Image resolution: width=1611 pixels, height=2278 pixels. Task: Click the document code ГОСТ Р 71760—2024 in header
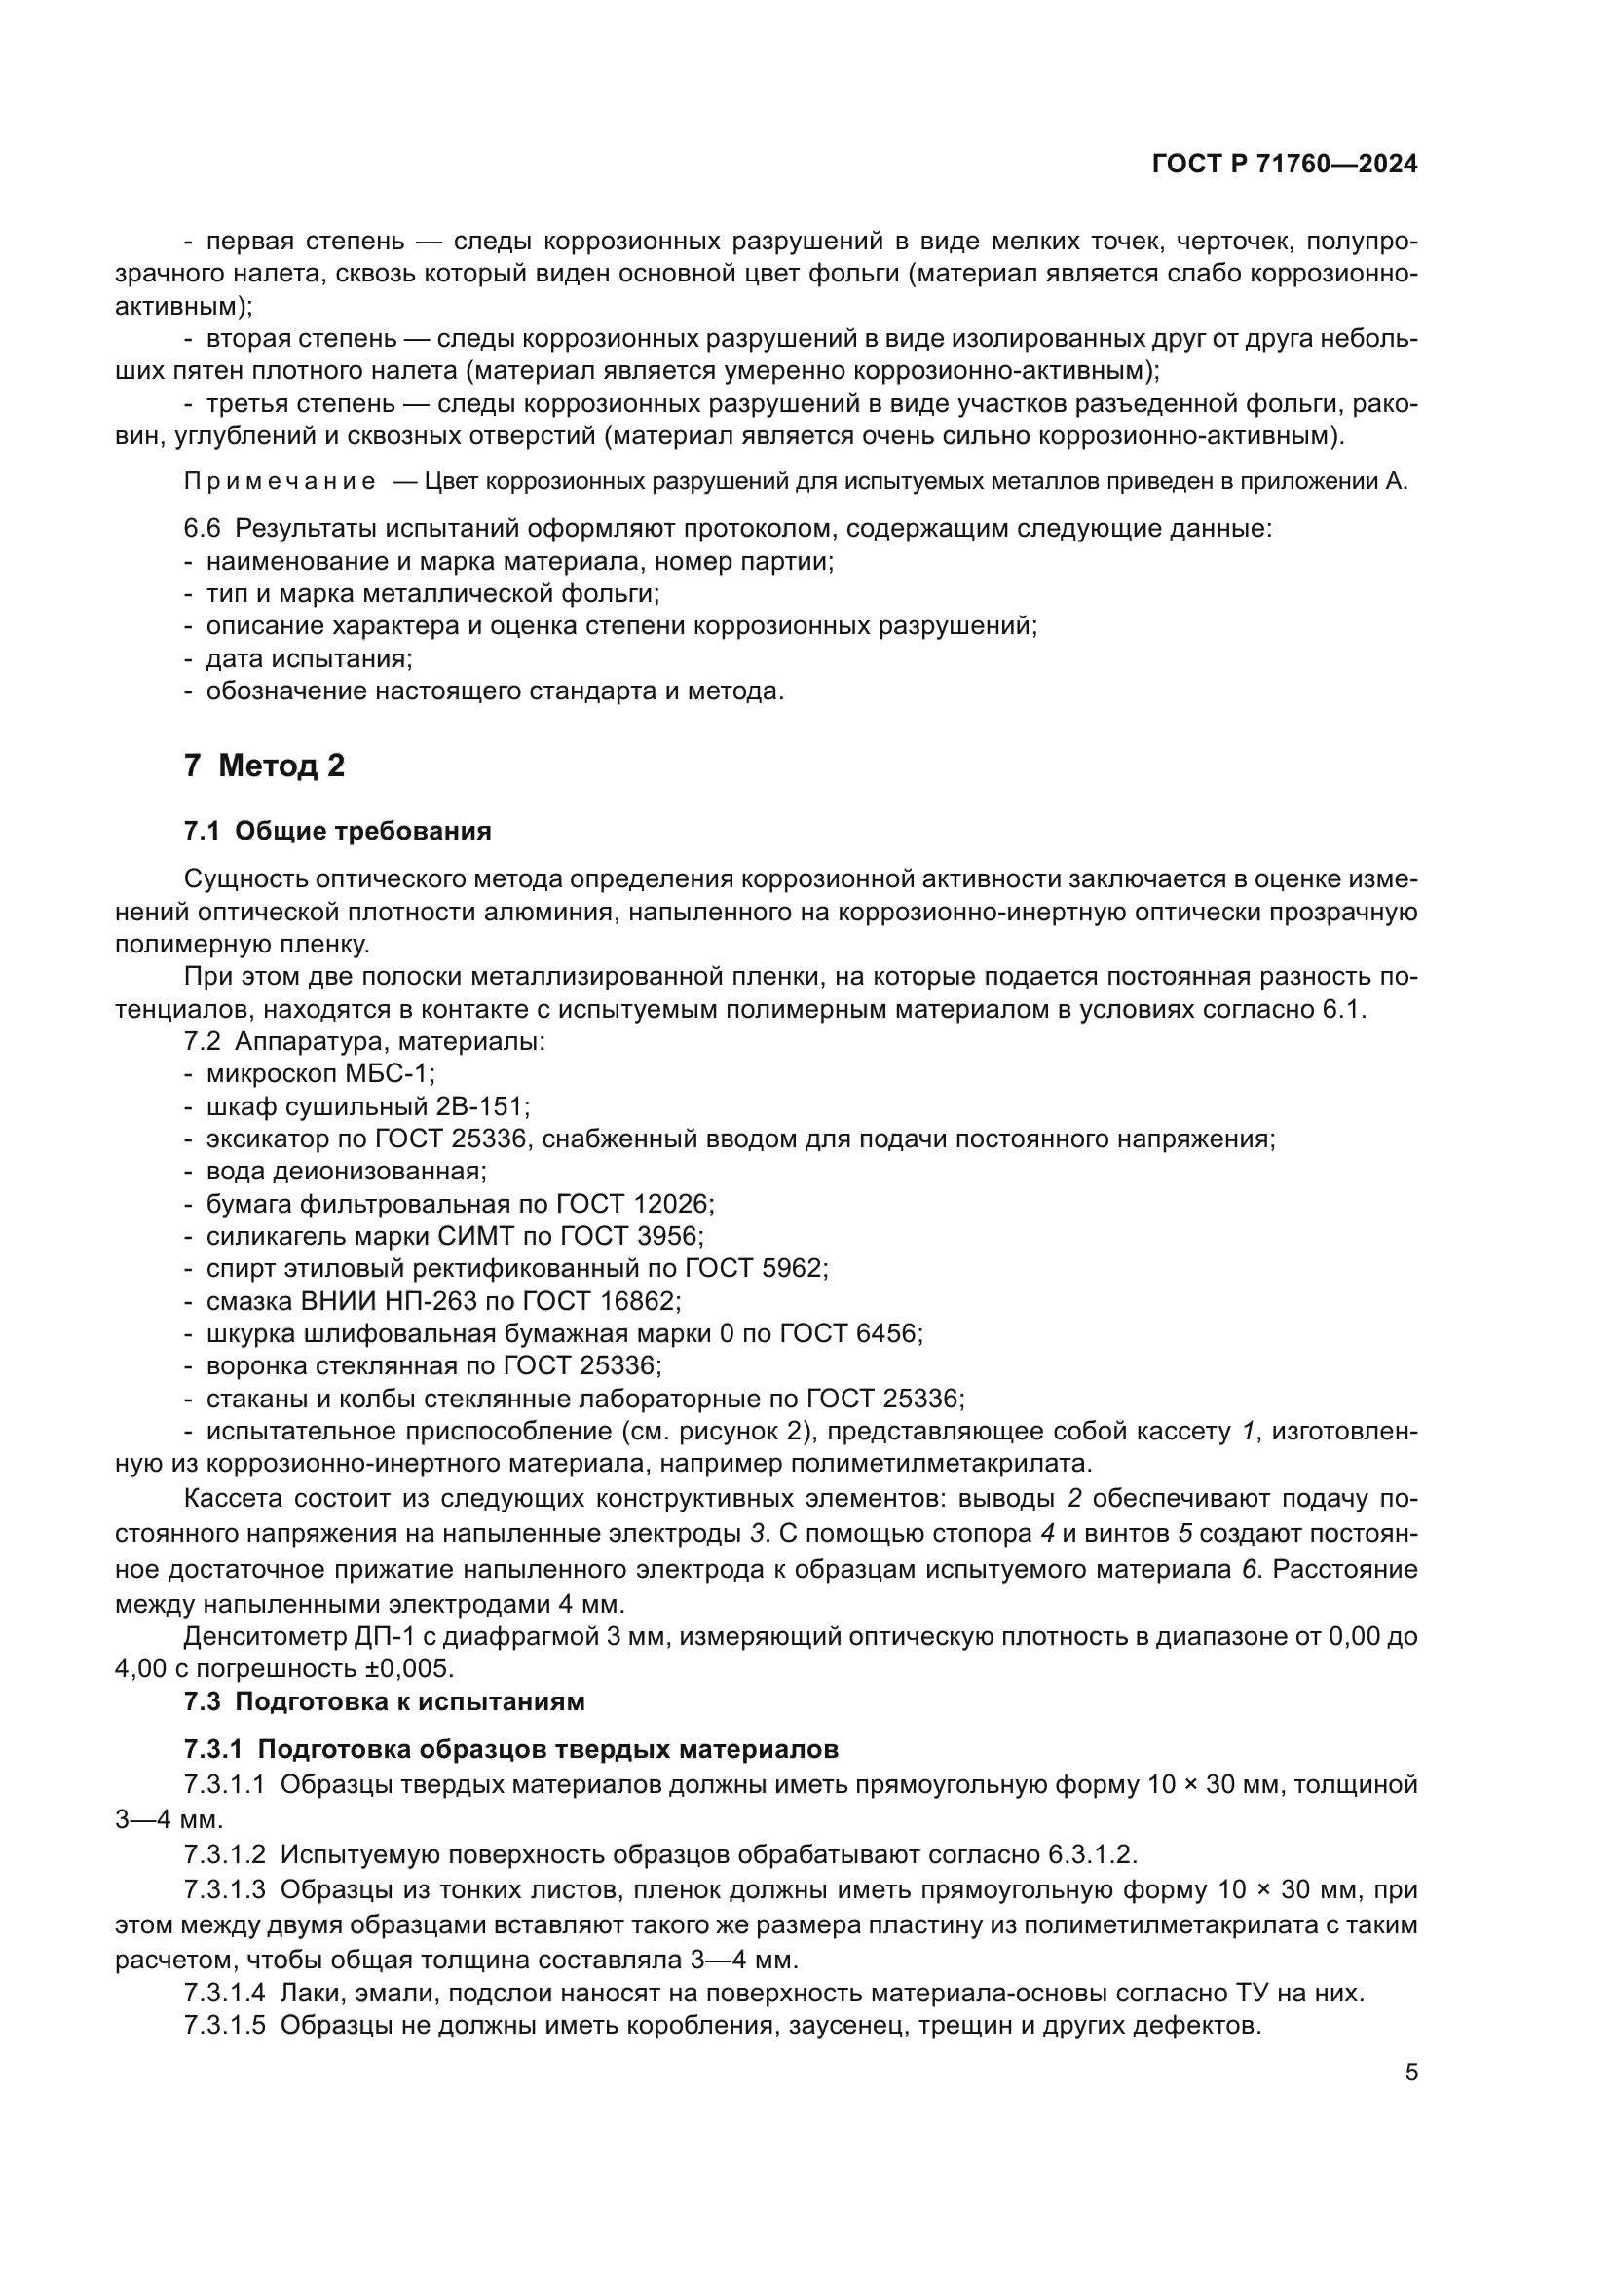point(1285,165)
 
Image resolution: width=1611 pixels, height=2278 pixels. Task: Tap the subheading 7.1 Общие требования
point(337,831)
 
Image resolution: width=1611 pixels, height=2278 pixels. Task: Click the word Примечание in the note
point(280,483)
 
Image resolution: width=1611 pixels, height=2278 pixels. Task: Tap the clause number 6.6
point(202,529)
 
